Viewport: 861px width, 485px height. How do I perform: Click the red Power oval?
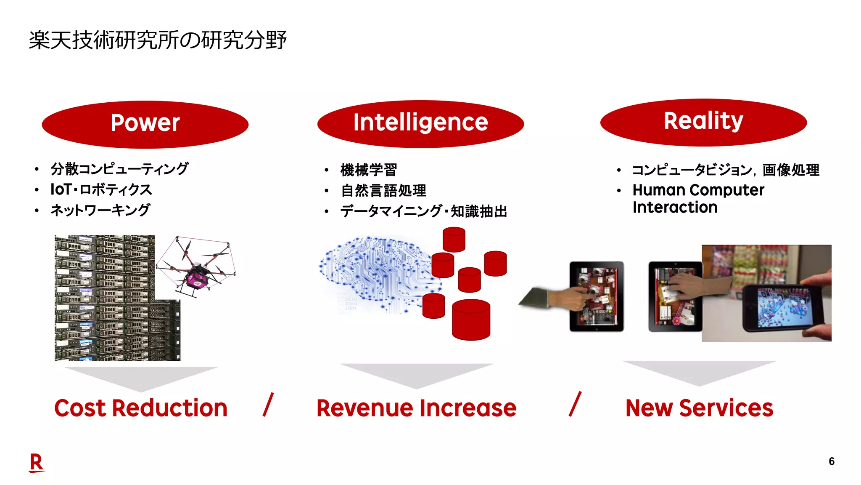tap(145, 124)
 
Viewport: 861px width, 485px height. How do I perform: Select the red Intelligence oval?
tap(420, 123)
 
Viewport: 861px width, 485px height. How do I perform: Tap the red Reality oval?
tap(703, 122)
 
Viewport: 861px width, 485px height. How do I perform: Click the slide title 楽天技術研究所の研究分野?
tap(158, 40)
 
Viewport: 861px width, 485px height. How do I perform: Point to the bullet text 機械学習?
tap(369, 170)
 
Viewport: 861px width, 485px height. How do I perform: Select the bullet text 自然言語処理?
tap(383, 191)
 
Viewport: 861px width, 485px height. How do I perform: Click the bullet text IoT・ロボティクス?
tap(101, 189)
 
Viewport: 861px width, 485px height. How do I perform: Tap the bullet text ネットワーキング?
tap(100, 210)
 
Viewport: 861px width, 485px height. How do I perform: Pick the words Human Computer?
tap(698, 190)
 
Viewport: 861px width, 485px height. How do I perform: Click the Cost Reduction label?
tap(141, 408)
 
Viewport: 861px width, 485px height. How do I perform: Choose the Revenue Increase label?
tap(416, 408)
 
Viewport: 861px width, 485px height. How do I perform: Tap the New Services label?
tap(699, 408)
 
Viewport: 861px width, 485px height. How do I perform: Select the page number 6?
tap(831, 461)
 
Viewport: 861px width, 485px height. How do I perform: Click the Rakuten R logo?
tap(37, 463)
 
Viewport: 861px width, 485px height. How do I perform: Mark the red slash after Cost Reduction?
tap(268, 405)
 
